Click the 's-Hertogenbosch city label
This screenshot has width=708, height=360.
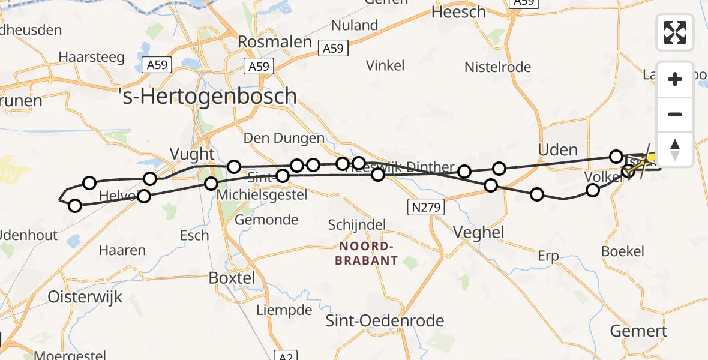209,97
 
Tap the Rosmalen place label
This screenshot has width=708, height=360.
275,42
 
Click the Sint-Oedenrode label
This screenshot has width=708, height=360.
385,321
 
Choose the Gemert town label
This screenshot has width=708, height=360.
638,331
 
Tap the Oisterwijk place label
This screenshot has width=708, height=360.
85,297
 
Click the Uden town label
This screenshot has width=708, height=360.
558,150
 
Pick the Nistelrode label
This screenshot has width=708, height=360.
498,67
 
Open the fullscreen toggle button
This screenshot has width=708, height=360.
675,32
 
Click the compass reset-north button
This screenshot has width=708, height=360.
675,149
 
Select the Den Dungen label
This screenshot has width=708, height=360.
284,139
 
